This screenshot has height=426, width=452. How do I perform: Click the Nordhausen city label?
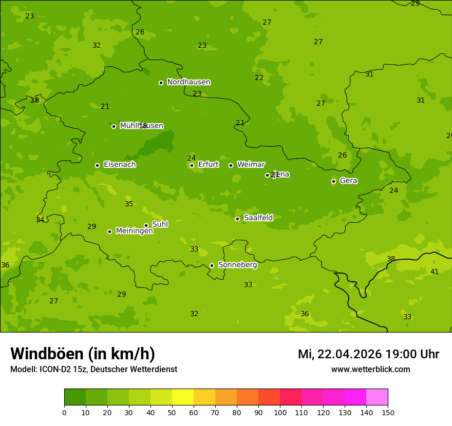coord(189,82)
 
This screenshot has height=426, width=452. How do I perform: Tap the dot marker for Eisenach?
coord(97,165)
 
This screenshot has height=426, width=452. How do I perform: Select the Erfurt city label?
coord(208,165)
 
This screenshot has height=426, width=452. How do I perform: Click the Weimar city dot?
coord(231,165)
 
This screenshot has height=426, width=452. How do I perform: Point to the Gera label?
coord(348,181)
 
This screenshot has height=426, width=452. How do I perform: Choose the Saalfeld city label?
coord(258,218)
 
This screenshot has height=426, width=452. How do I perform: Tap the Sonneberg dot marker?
coord(212,265)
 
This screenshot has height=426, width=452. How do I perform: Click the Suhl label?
coord(160,224)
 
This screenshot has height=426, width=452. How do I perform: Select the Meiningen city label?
coord(134,231)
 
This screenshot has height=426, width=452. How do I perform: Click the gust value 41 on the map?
coord(435,272)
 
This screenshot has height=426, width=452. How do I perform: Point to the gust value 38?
coord(391,259)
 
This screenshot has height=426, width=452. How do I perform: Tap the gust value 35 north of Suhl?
coord(129,204)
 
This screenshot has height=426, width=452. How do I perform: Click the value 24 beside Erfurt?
coord(191,158)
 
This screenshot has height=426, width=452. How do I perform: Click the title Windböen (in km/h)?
coord(83,354)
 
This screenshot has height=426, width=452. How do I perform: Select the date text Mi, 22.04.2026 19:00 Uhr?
coord(368,354)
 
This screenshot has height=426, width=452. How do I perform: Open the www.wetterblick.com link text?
coord(370,370)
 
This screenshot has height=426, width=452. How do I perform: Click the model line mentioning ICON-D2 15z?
coord(93,370)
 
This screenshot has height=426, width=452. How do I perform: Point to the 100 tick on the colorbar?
coord(280,413)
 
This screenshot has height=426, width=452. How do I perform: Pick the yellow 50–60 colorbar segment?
coord(183,397)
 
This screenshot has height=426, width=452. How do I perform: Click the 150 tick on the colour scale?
coord(388,413)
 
